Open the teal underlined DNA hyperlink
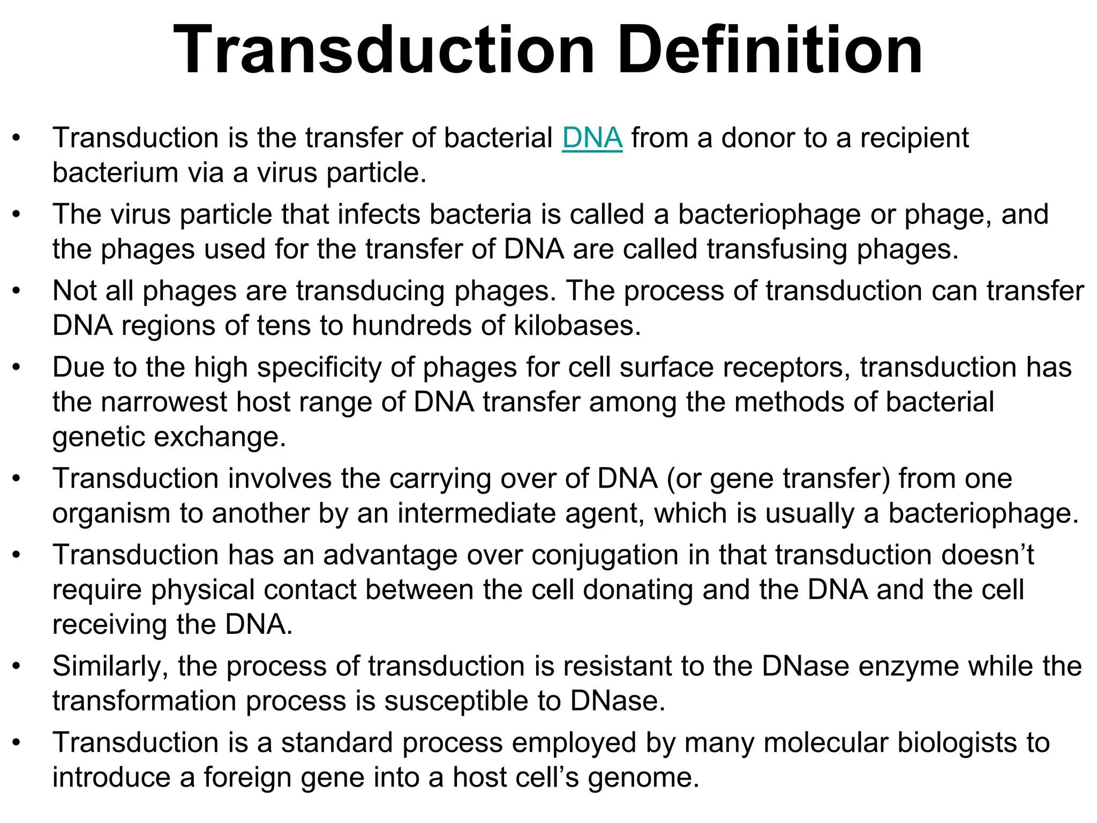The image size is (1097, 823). pyautogui.click(x=592, y=138)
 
